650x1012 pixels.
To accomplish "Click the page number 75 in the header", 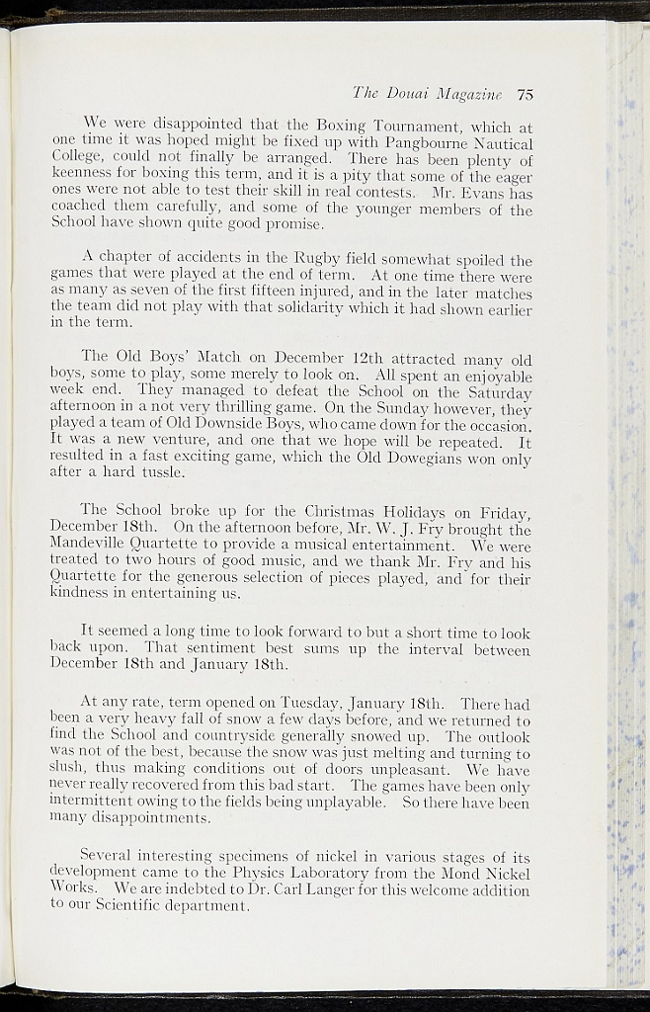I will click(x=525, y=95).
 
